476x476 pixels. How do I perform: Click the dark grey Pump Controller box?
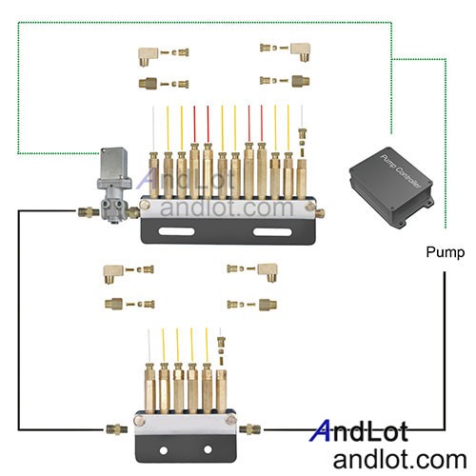pyautogui.click(x=391, y=188)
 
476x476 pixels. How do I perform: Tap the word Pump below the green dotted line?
pyautogui.click(x=445, y=252)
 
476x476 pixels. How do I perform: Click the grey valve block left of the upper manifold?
pyautogui.click(x=114, y=185)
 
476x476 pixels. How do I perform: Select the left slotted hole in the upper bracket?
pyautogui.click(x=176, y=231)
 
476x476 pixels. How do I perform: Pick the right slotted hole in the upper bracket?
pyautogui.click(x=272, y=231)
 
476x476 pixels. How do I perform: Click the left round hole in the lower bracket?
pyautogui.click(x=164, y=450)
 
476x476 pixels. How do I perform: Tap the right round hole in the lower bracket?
pyautogui.click(x=208, y=449)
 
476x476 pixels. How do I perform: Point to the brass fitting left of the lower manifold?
pyautogui.click(x=117, y=429)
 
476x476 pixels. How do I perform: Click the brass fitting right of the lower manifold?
pyautogui.click(x=250, y=429)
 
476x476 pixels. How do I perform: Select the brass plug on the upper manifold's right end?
pyautogui.click(x=320, y=213)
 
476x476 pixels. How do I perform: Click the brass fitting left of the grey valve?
pyautogui.click(x=89, y=212)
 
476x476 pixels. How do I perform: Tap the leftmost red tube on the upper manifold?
pyautogui.click(x=194, y=124)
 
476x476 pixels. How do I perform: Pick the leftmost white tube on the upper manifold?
pyautogui.click(x=153, y=129)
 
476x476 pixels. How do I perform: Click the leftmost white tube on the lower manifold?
pyautogui.click(x=149, y=347)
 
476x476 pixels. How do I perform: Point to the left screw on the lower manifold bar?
pyautogui.click(x=140, y=421)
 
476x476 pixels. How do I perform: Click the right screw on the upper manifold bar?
pyautogui.click(x=310, y=207)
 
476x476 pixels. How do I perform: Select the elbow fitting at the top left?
pyautogui.click(x=149, y=55)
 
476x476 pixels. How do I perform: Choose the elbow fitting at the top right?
pyautogui.click(x=301, y=50)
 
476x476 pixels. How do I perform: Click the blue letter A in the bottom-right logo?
pyautogui.click(x=321, y=430)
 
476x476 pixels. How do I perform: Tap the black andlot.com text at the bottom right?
pyautogui.click(x=400, y=460)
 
